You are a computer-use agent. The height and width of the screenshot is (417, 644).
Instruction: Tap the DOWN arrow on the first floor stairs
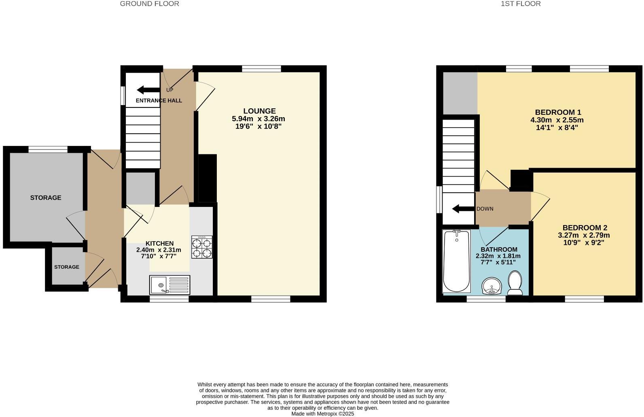coord(463,209)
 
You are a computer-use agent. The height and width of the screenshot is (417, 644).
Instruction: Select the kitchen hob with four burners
coord(202,247)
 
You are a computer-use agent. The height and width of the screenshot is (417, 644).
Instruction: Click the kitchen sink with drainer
coord(169,285)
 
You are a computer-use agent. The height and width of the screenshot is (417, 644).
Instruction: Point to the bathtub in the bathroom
coord(457,261)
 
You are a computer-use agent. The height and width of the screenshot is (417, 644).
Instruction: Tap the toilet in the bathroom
coord(515,283)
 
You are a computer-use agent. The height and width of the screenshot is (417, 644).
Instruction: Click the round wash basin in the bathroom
coord(492,286)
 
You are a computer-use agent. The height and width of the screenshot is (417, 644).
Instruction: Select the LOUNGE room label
coord(259,111)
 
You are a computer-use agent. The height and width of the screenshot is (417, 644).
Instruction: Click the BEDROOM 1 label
coord(558,112)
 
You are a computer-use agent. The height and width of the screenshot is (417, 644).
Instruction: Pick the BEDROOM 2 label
coord(585,228)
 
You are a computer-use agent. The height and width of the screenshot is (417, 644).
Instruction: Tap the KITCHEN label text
coord(159,243)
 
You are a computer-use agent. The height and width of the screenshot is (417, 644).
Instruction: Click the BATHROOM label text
coord(499,249)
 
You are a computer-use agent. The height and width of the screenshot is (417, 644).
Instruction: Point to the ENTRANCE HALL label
coord(159,101)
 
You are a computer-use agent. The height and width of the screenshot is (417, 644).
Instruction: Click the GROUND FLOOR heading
coord(149,4)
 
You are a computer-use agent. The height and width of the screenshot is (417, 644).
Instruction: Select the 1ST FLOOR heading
coord(520,4)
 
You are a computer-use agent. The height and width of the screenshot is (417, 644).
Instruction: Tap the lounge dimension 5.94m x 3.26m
coord(258,119)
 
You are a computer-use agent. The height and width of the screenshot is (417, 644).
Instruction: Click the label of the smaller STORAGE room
coord(67,267)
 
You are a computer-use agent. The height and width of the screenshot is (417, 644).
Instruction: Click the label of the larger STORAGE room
coord(46,198)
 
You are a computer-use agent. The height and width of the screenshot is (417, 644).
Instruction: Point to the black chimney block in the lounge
coord(207,178)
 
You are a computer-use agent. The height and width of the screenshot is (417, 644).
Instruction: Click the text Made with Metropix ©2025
coord(322,414)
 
